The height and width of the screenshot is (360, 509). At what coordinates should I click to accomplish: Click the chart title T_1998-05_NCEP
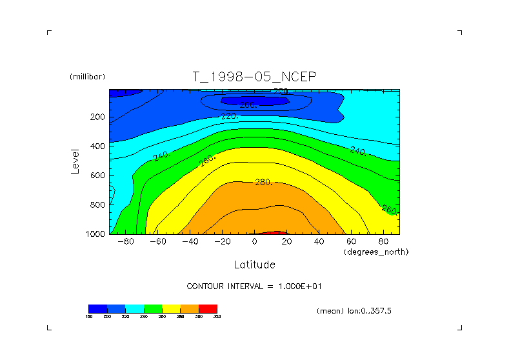point(254,77)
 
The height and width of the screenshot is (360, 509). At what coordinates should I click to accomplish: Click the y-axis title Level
point(75,161)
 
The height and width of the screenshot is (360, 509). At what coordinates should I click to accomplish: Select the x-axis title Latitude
point(254,265)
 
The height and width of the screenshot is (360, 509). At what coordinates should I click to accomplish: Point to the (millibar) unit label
point(87,77)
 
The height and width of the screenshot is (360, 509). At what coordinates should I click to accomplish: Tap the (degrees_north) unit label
point(376,251)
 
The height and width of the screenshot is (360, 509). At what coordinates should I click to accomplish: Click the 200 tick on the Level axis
point(97,117)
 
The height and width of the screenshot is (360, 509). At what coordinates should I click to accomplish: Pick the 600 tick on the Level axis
point(97,175)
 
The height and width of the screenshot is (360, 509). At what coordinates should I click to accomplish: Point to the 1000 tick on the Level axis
point(95,234)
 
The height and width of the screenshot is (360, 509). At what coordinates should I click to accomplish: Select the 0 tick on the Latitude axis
point(254,241)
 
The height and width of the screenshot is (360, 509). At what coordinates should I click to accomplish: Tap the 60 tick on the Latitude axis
point(351,241)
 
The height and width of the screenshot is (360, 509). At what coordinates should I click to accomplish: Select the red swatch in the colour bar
point(208,309)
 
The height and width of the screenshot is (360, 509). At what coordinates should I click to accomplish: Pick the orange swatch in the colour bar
point(189,309)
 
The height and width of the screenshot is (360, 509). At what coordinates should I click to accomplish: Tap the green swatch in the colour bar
point(152,309)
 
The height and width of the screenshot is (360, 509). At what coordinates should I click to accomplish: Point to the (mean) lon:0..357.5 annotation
point(354,311)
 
